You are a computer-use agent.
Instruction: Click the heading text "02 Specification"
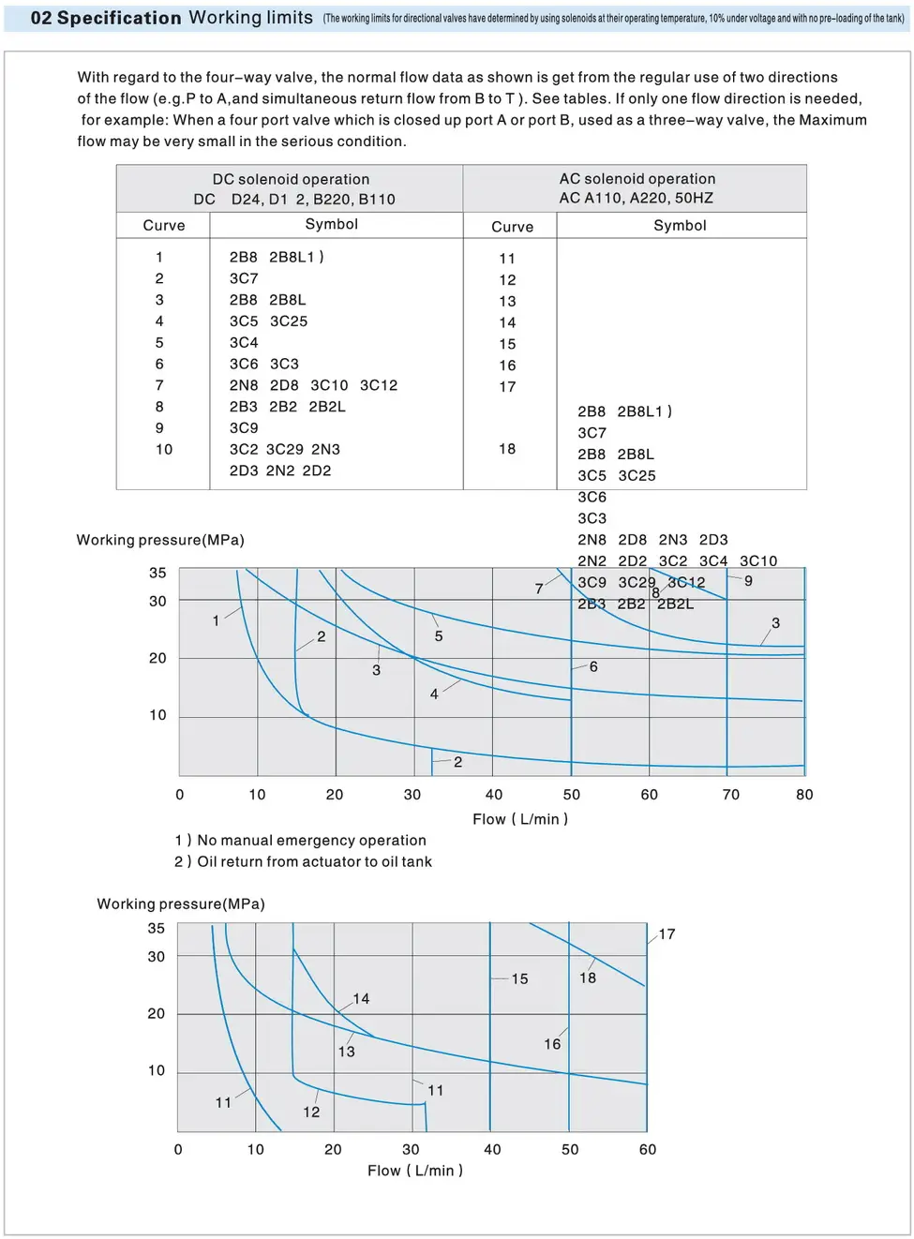(x=106, y=18)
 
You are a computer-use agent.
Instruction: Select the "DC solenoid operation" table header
(x=291, y=179)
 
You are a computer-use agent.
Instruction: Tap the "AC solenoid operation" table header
(x=637, y=178)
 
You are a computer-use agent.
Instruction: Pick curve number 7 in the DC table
(x=159, y=385)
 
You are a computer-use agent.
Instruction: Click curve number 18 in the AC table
(x=507, y=449)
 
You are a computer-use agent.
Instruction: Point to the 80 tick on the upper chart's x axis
(x=804, y=795)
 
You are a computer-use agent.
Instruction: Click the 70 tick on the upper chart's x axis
(x=731, y=795)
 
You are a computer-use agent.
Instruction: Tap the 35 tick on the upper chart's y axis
(x=157, y=573)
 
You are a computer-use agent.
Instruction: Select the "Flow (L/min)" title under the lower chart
(x=415, y=1171)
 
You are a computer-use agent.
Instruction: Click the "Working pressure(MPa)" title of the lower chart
(x=181, y=903)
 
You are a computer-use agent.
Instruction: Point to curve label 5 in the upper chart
(x=439, y=636)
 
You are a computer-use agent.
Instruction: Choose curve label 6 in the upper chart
(x=593, y=666)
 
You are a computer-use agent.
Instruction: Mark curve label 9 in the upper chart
(x=748, y=581)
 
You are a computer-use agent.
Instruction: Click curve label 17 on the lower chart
(x=667, y=934)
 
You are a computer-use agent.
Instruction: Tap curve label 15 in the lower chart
(x=519, y=978)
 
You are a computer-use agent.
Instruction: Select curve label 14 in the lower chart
(x=361, y=999)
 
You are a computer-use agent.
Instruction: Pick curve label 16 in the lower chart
(x=552, y=1044)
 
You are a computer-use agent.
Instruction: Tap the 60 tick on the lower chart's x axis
(x=648, y=1150)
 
